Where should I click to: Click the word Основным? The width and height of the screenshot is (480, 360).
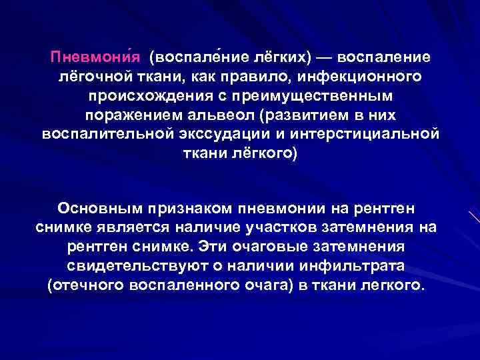[99, 207]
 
